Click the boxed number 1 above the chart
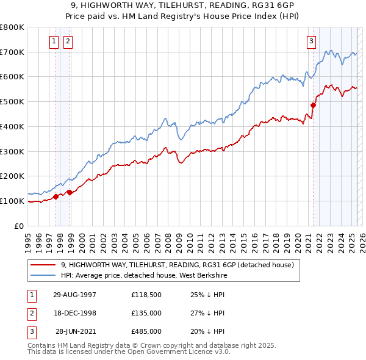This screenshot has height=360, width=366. [54, 41]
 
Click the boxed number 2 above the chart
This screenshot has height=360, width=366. [67, 41]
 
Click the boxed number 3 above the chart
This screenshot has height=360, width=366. [311, 41]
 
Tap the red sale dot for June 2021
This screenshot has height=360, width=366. [313, 105]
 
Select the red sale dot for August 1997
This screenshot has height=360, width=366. [56, 196]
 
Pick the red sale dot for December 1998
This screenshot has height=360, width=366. [70, 192]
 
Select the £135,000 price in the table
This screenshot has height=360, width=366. [146, 313]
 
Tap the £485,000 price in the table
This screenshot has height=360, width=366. [146, 331]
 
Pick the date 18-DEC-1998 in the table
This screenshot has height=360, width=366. [74, 313]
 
